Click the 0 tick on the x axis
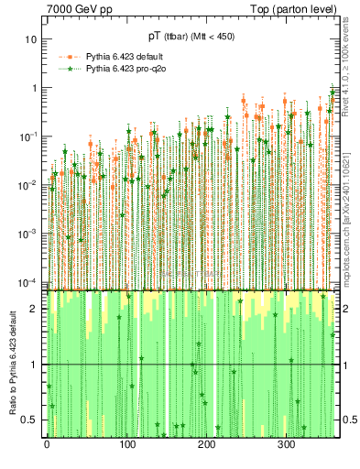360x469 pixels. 47,444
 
